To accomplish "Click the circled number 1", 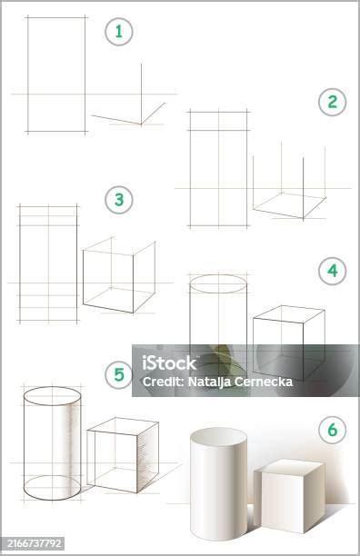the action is coord(119,32).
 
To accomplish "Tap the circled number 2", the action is coord(333,102).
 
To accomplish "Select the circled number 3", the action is coord(119,200).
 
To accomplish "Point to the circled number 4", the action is coord(333,271).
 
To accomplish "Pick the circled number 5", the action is coord(119,375).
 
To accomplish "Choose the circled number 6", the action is coord(333,430).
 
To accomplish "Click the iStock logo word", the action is coord(169,362).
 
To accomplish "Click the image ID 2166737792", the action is coord(35,543).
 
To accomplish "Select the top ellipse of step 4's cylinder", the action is coord(218,275).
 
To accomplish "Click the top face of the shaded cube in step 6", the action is coord(289,467).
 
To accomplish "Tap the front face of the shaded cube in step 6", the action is coord(283,501).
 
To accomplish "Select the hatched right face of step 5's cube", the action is coord(147,457).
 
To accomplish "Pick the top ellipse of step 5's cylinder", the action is coord(52,387).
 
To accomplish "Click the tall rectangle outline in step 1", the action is coord(28,74).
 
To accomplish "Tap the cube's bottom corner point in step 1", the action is coord(141,124).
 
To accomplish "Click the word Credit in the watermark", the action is coord(162,382).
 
